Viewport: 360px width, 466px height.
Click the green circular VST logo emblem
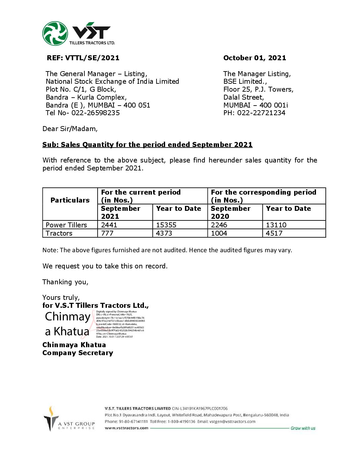[x=55, y=33]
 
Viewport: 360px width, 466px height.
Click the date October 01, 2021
[x=254, y=58]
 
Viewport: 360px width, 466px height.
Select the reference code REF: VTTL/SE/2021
[x=83, y=58]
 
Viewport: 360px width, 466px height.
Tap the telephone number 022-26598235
[x=96, y=113]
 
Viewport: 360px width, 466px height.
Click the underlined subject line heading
[x=147, y=145]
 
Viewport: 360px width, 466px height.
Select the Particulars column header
[x=70, y=200]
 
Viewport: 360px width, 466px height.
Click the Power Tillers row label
[x=66, y=225]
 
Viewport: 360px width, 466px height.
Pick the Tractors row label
[x=59, y=233]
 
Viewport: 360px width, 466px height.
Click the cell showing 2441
[x=109, y=225]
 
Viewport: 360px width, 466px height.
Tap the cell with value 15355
[x=166, y=225]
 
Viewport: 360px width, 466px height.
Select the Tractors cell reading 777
[x=107, y=233]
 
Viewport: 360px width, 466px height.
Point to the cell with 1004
[x=219, y=233]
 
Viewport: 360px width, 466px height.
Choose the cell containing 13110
[x=276, y=225]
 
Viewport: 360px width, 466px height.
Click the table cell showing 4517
[x=274, y=233]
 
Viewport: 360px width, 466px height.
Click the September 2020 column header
[x=230, y=212]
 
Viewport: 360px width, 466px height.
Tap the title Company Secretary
[x=78, y=353]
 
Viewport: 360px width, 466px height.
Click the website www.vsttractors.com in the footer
[x=126, y=428]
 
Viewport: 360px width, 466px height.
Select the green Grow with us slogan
[x=303, y=428]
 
